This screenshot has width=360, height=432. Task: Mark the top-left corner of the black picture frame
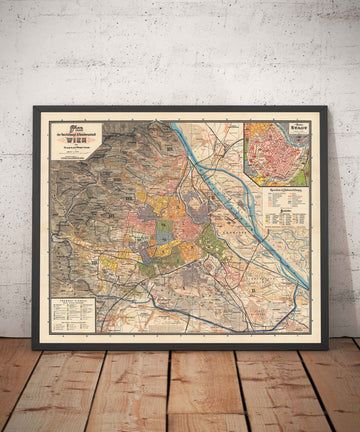coord(33,107)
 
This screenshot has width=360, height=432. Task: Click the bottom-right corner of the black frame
coord(327,349)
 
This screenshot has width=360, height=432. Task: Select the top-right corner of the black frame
coord(327,107)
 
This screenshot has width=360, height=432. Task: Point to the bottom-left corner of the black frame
coord(33,349)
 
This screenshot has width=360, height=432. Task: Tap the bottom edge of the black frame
coord(180,347)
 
